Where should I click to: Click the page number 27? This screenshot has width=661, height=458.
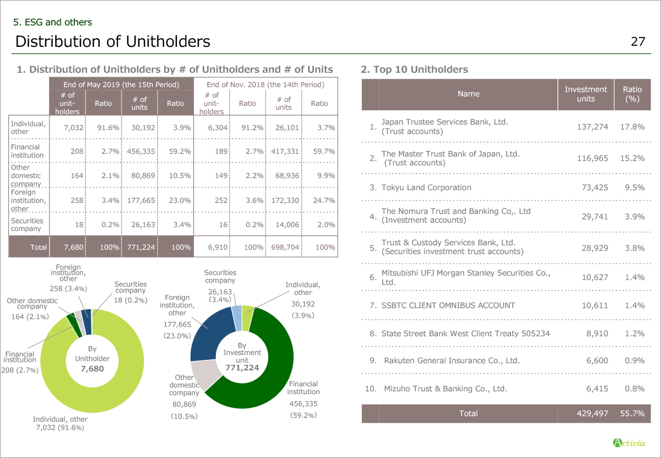[638, 42]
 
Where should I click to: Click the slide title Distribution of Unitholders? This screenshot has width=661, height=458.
[113, 41]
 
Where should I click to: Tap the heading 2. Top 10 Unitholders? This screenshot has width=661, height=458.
[414, 69]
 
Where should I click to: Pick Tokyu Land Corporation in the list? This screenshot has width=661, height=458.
[426, 187]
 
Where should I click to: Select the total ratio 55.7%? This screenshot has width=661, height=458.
[632, 413]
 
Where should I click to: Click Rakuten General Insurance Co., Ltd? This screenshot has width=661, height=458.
[452, 360]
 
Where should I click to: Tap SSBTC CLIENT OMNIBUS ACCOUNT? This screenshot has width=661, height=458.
[448, 305]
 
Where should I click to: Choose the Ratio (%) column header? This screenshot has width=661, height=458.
[632, 94]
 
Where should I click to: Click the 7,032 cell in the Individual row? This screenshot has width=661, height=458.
[73, 127]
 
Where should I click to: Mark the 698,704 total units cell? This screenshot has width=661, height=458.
[285, 247]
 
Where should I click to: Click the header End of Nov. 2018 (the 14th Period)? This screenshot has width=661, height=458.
[265, 84]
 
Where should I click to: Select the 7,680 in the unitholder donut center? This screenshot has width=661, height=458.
[92, 369]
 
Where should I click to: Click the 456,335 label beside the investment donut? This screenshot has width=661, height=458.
[304, 403]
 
